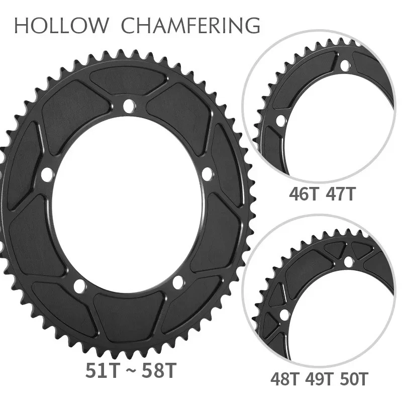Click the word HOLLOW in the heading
[x=62, y=25]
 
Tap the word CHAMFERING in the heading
[x=191, y=25]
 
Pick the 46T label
[x=305, y=194]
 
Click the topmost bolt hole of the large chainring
[x=129, y=105]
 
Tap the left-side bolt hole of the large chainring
[x=47, y=174]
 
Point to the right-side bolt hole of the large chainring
[x=207, y=173]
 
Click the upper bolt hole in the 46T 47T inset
[x=345, y=65]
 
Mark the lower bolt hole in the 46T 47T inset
[x=280, y=121]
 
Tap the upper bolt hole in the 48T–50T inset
[x=347, y=262]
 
